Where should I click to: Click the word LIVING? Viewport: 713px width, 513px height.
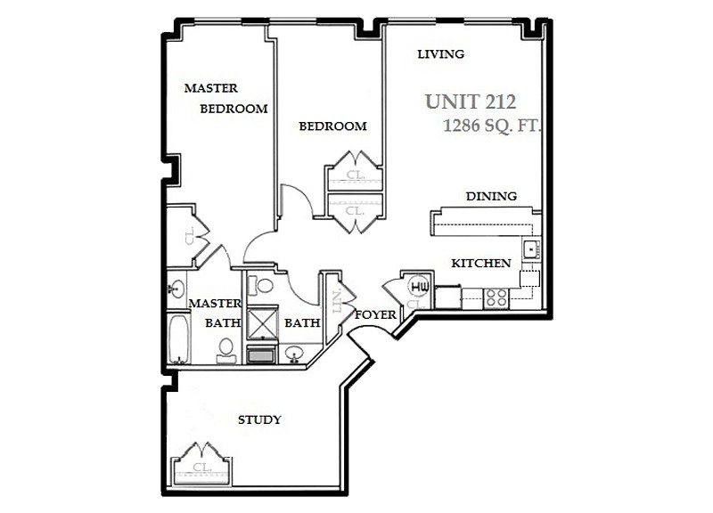(441, 54)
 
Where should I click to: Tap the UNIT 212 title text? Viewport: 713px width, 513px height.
(471, 102)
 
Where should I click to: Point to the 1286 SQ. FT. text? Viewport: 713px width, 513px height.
(492, 126)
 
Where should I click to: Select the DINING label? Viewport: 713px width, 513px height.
(491, 197)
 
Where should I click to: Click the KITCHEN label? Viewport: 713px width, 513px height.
(480, 264)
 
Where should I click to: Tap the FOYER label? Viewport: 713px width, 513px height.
(375, 315)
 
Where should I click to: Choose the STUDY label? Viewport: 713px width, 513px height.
(259, 419)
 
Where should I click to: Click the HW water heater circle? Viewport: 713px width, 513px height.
(420, 287)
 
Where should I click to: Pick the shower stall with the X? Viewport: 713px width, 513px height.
(262, 322)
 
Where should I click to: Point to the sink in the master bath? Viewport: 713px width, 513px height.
(176, 288)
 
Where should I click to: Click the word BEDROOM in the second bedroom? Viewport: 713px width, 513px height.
(332, 126)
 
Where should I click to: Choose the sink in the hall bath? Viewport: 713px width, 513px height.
(294, 353)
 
